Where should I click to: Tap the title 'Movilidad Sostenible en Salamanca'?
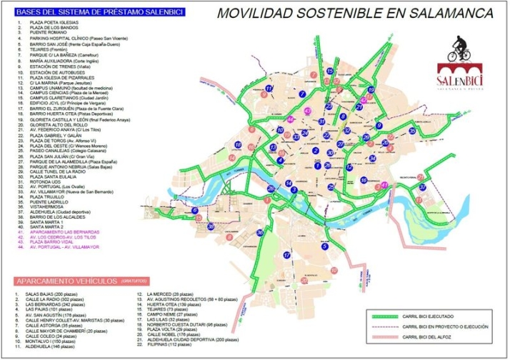coord(355,13)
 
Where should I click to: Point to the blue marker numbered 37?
coord(422,187)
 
